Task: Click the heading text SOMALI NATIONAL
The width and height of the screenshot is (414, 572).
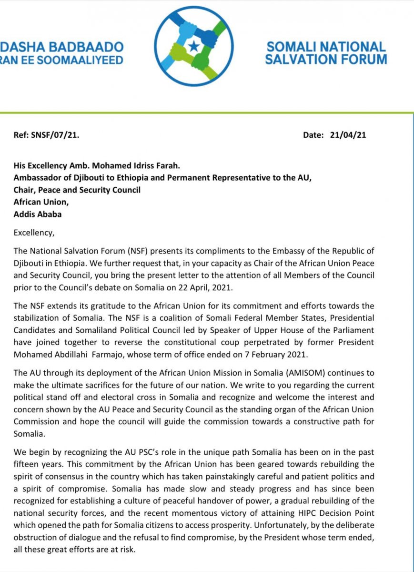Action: (326, 47)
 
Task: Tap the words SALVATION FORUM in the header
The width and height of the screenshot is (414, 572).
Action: (326, 60)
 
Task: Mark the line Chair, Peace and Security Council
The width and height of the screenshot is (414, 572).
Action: (77, 190)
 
